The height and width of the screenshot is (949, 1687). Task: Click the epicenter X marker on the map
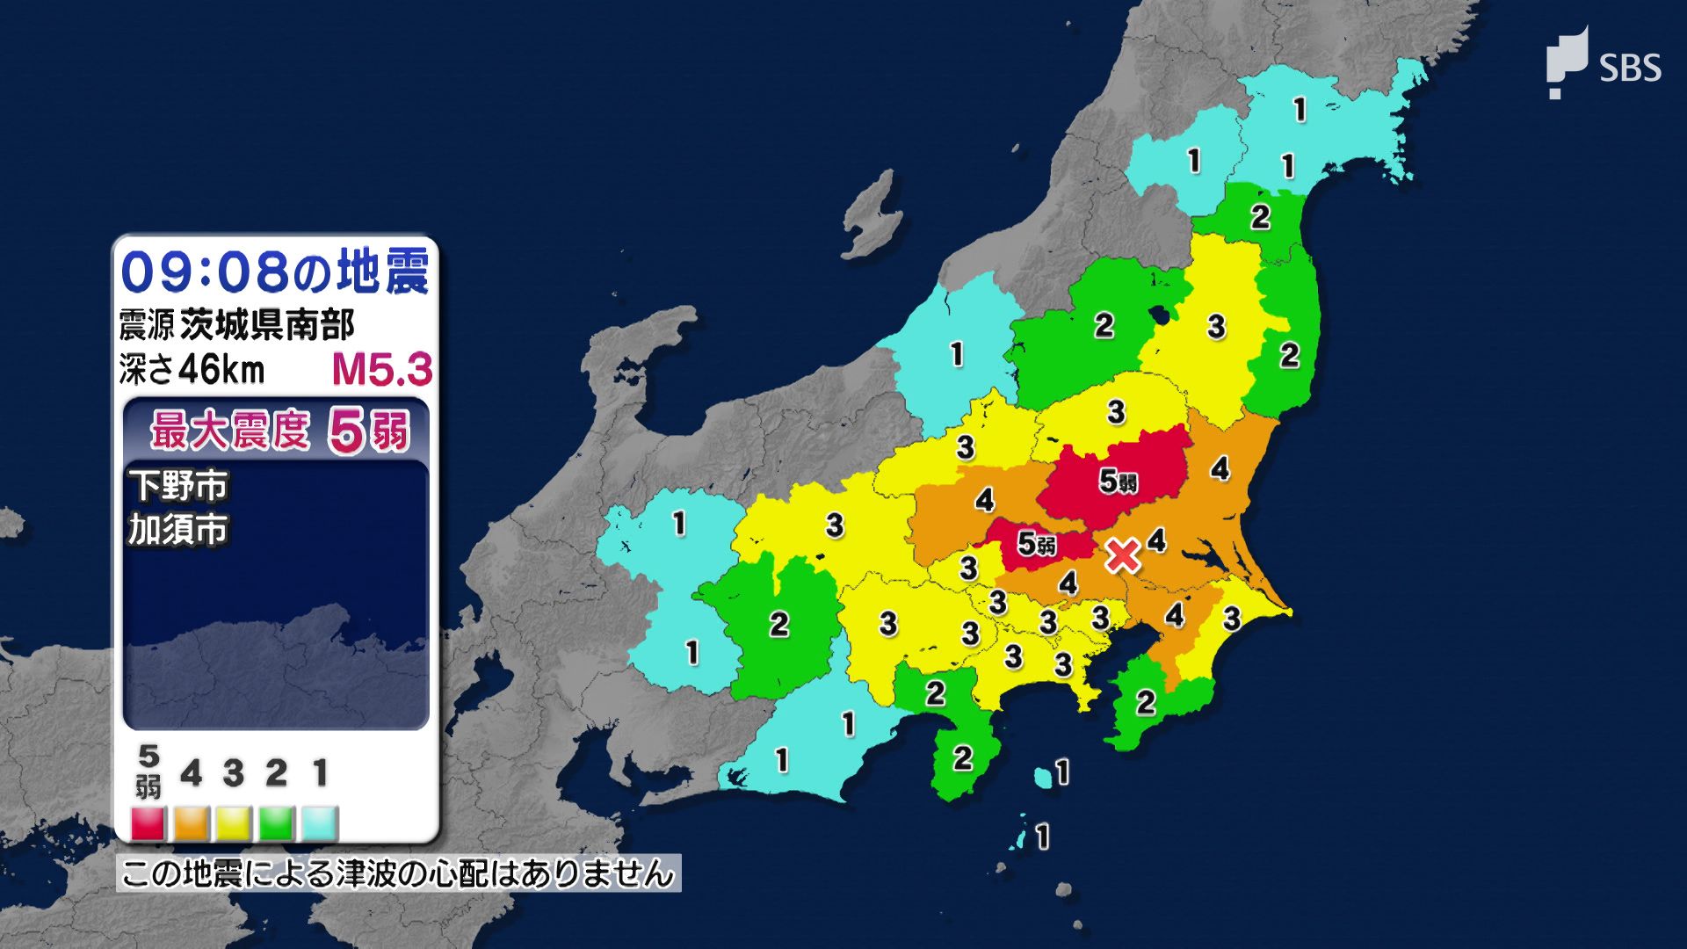pos(1122,555)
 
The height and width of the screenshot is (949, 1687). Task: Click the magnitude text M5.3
pos(382,370)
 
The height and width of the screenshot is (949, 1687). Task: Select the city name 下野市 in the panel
pos(178,485)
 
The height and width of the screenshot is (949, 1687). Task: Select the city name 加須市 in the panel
pos(178,530)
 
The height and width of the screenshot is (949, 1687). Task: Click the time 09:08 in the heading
pos(204,272)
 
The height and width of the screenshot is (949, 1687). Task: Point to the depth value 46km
pos(221,370)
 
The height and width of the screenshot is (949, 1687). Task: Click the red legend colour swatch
pos(148,824)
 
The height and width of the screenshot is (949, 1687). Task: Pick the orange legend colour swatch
pos(191,824)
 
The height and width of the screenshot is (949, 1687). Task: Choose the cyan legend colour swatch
pos(319,824)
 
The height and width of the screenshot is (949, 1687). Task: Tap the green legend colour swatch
pos(276,824)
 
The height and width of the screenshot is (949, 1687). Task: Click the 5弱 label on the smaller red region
pos(1036,545)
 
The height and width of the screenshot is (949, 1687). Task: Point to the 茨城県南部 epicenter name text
pos(267,325)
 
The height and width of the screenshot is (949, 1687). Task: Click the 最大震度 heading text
pos(230,431)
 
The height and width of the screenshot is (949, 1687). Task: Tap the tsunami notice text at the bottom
pos(398,874)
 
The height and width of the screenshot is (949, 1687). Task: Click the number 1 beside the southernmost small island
pos(1042,837)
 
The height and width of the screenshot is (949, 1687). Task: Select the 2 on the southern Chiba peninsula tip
pos(1145,702)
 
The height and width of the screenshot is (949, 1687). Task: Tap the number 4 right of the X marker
pos(1156,540)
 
